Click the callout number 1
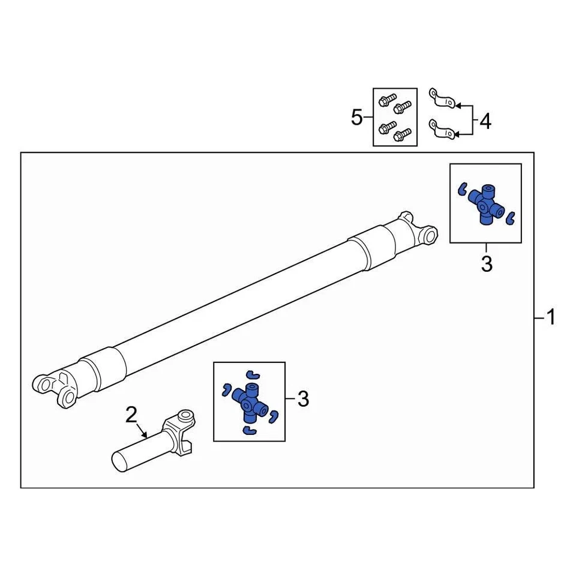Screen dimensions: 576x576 pos(550,317)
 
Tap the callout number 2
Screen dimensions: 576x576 pos(131,414)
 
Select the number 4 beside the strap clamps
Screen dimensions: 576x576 pos(484,122)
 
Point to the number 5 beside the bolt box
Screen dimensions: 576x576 pos(357,118)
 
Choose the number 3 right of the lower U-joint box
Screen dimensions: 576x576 pos(303,398)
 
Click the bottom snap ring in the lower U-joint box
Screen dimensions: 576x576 pos(248,431)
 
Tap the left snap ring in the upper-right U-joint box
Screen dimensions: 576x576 pos(461,189)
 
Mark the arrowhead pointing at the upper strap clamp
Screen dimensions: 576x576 pos(455,106)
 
